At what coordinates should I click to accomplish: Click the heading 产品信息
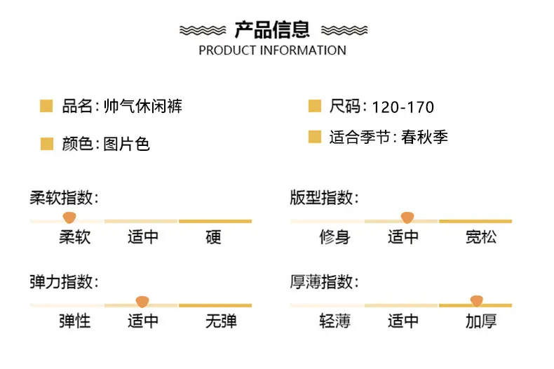coord(272,29)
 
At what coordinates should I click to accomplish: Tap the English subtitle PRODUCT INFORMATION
coord(272,51)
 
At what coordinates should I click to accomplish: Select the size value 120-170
coord(403,107)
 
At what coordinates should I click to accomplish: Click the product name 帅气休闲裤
coord(143,106)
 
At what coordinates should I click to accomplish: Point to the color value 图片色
coord(126,144)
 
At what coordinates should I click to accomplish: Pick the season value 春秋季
coord(424,137)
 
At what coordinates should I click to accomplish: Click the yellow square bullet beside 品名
coord(46,106)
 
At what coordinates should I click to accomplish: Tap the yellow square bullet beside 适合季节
coord(315,137)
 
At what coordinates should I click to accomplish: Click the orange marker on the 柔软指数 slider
coord(69,217)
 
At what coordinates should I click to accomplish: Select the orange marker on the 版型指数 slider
coord(407,217)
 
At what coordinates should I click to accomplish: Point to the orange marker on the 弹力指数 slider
coord(142,302)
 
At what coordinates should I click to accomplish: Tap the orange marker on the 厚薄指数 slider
coord(477,301)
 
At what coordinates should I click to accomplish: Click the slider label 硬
coord(213,237)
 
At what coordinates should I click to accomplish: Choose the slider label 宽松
coord(481,237)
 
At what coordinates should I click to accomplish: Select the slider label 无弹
coord(221,321)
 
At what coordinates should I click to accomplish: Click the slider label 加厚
coord(481,321)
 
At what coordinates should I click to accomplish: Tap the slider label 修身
coord(335,237)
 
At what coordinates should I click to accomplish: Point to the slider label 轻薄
coord(335,321)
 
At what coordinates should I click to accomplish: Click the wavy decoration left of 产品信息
coord(203,30)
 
